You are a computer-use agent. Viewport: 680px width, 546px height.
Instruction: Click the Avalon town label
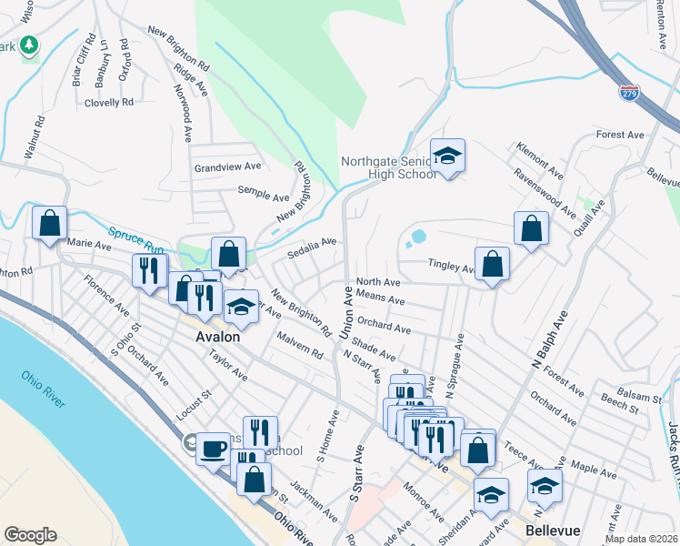pos(217,336)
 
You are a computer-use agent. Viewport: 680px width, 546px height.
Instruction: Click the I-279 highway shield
pos(627,91)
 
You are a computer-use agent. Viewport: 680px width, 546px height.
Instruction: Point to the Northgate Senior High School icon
pos(447,157)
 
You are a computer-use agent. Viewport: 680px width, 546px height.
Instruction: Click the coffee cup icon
pos(213,448)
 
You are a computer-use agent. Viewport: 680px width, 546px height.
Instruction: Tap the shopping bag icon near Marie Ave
pos(49,223)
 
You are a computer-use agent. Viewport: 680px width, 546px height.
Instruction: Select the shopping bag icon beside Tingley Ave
pos(492,264)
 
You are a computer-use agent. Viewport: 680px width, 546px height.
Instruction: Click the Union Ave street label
pos(346,312)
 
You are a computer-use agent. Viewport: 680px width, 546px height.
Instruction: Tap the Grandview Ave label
pos(227,167)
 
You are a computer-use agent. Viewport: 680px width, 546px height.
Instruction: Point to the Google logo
pos(31,535)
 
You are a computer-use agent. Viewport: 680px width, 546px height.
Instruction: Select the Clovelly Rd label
pos(108,103)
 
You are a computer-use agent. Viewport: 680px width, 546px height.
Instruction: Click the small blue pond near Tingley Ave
pos(417,238)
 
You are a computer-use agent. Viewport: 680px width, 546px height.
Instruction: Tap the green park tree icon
pos(29,45)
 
